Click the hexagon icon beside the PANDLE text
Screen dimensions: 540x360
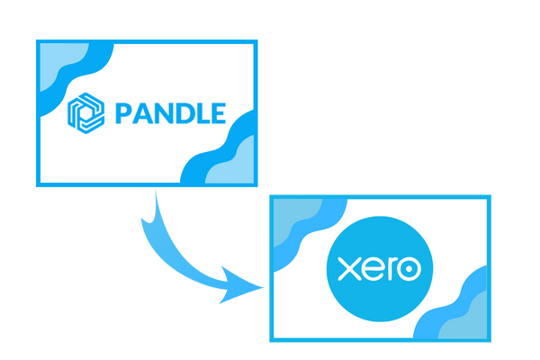(86, 113)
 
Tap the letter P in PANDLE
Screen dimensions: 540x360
(123, 113)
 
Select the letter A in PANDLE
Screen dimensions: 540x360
(143, 113)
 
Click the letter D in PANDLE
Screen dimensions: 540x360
(186, 113)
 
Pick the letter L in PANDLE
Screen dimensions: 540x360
(204, 113)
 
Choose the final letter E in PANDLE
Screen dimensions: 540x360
(219, 113)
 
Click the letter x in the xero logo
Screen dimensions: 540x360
(349, 269)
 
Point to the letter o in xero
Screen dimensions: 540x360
(409, 269)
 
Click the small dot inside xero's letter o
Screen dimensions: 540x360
(409, 269)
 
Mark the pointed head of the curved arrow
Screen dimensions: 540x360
(264, 287)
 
